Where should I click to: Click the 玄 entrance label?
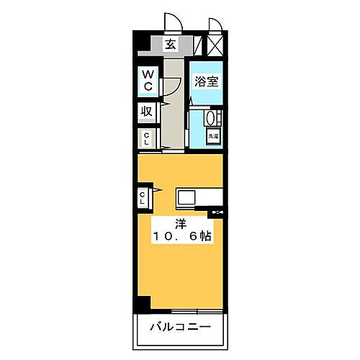click(171, 45)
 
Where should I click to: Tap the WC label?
click(147, 81)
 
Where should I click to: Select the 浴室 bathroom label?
click(207, 82)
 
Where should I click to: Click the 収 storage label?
click(146, 112)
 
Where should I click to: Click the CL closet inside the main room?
click(144, 197)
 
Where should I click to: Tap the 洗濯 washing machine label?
click(212, 135)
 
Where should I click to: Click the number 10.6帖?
click(181, 236)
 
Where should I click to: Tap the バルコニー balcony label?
click(180, 328)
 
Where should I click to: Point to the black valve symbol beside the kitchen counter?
click(217, 212)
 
